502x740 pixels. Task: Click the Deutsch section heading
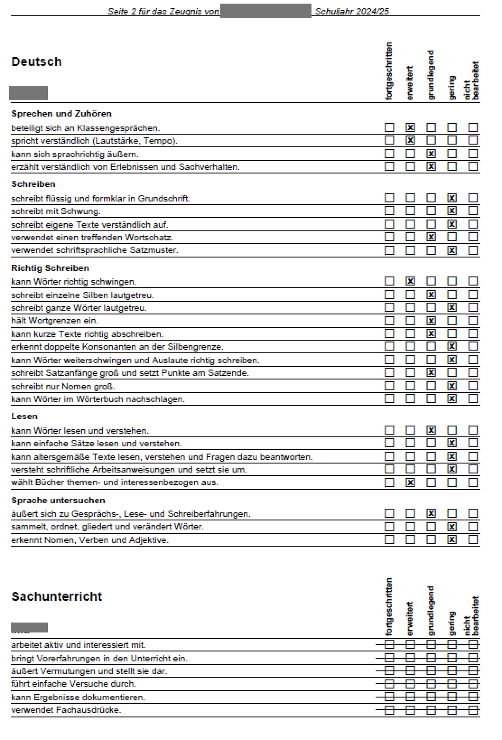pyautogui.click(x=36, y=61)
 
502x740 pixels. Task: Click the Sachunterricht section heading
pyautogui.click(x=57, y=596)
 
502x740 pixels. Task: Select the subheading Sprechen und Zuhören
pyautogui.click(x=61, y=113)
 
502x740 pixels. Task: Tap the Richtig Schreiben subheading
pyautogui.click(x=50, y=268)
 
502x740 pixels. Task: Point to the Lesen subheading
pyautogui.click(x=24, y=416)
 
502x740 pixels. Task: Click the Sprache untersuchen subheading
pyautogui.click(x=58, y=500)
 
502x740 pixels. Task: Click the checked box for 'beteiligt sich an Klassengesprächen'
pyautogui.click(x=410, y=127)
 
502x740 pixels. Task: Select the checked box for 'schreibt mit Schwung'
pyautogui.click(x=452, y=211)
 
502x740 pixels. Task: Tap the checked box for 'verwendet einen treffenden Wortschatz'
pyautogui.click(x=431, y=237)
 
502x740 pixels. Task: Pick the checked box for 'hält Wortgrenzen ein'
pyautogui.click(x=431, y=321)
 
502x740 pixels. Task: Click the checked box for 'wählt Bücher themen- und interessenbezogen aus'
pyautogui.click(x=410, y=482)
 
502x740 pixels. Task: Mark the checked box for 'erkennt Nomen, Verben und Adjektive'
pyautogui.click(x=452, y=539)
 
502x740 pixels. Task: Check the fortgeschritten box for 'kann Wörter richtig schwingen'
pyautogui.click(x=389, y=281)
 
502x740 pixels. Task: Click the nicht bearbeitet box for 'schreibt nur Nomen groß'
pyautogui.click(x=473, y=386)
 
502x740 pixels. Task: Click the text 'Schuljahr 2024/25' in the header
pyautogui.click(x=352, y=11)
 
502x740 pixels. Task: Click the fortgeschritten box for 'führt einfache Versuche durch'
pyautogui.click(x=389, y=684)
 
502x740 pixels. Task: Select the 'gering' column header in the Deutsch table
pyautogui.click(x=452, y=87)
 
